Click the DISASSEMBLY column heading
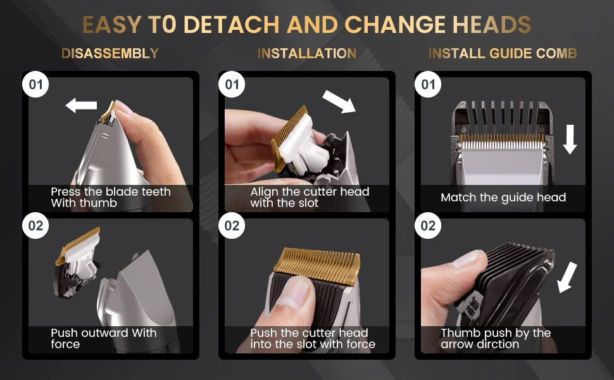110,53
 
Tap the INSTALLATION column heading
307,53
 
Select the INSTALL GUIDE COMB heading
503,53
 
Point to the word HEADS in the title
492,25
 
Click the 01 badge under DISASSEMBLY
35,84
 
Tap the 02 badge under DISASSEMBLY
35,225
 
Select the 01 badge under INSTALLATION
232,84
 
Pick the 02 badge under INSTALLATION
232,225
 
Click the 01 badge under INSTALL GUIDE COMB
428,84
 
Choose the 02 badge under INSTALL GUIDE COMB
428,225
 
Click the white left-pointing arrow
81,105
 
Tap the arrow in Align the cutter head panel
339,101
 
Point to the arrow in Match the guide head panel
570,139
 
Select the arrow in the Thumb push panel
567,277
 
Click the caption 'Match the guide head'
503,197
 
